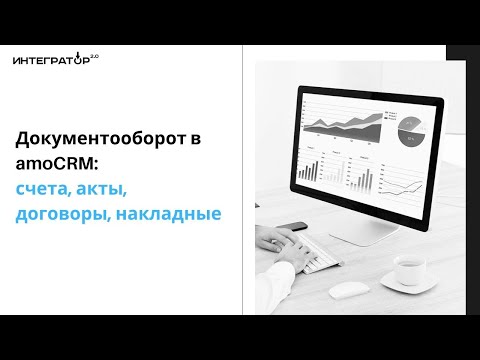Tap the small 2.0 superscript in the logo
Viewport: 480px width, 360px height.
[94, 56]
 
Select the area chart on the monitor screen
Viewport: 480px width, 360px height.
[345, 123]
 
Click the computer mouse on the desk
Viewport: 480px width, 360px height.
[345, 290]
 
